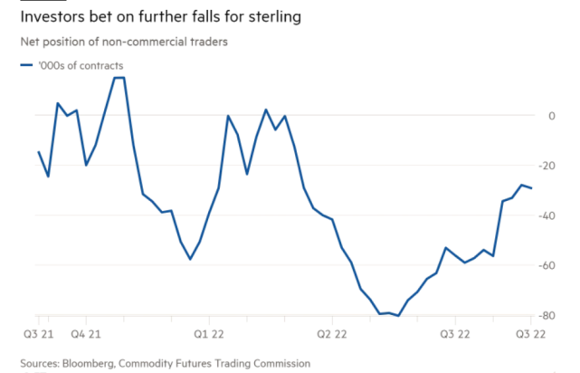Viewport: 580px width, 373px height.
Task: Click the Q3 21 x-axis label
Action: pos(36,334)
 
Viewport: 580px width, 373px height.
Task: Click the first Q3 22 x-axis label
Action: pos(456,334)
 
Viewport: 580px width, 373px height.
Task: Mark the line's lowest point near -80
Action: pos(398,316)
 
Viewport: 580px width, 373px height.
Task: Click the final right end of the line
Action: pos(531,188)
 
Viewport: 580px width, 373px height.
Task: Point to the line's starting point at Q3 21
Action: pos(39,151)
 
